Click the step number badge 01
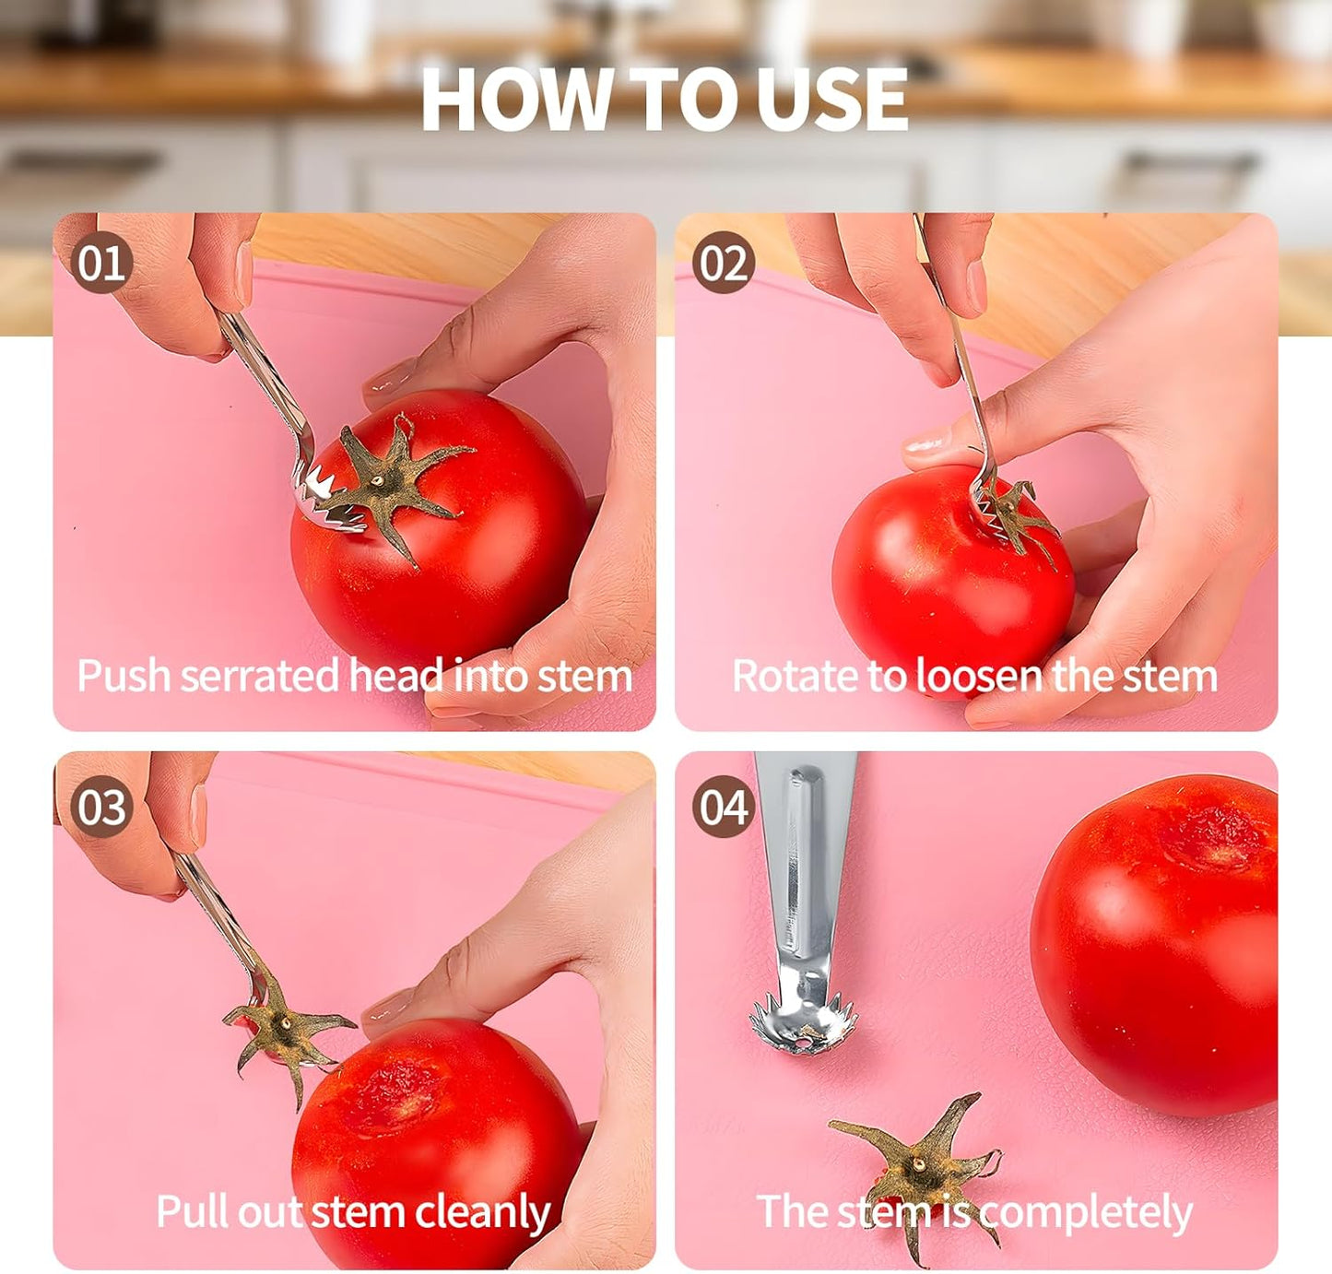pos(101,263)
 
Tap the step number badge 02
pos(724,263)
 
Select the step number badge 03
pos(101,807)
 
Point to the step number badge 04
pos(724,807)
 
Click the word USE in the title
pos(835,100)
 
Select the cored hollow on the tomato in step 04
pos(1212,834)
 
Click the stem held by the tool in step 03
pos(281,1037)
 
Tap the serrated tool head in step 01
pos(318,498)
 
